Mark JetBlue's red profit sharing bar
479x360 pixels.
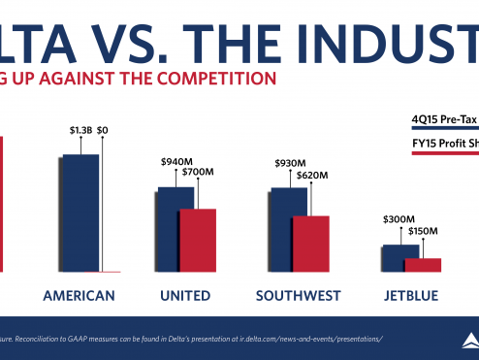click(423, 264)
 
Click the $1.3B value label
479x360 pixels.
click(80, 129)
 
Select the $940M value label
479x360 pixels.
click(176, 162)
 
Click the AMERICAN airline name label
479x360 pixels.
click(80, 295)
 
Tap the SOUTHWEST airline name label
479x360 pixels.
click(296, 295)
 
